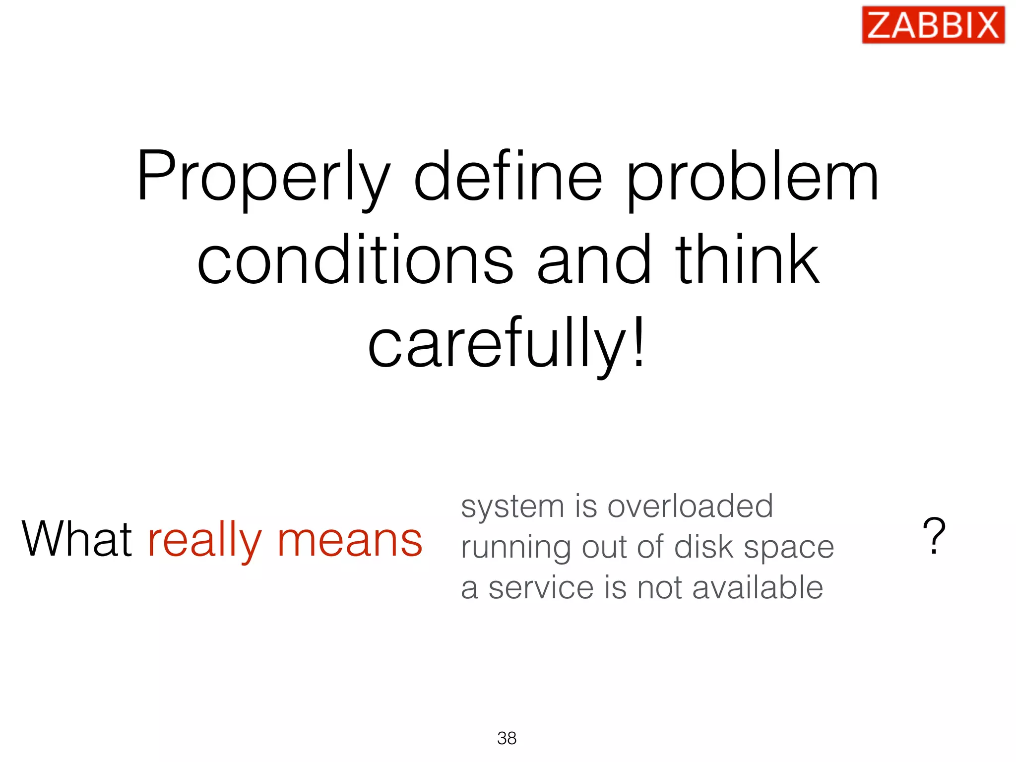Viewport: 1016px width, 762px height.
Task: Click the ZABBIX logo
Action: click(933, 25)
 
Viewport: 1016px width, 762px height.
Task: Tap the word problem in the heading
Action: click(753, 179)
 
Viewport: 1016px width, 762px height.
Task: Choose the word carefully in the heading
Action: click(496, 345)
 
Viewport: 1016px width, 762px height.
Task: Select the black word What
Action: click(77, 539)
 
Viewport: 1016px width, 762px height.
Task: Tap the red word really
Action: click(204, 541)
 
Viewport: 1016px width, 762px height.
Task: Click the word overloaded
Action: click(690, 507)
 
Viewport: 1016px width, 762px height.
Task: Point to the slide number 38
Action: click(507, 738)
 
